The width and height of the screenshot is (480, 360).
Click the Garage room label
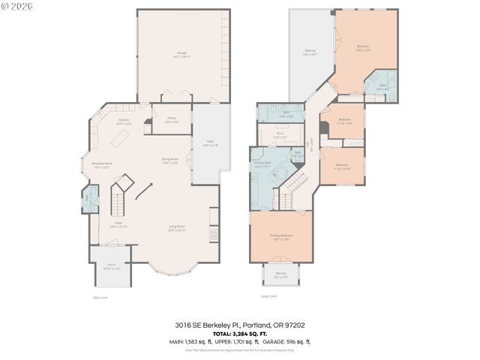point(182,55)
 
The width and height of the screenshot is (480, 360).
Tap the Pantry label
point(171,119)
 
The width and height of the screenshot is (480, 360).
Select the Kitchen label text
point(124,121)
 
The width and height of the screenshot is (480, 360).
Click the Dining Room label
point(169,160)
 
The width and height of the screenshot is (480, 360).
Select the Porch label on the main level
point(111,266)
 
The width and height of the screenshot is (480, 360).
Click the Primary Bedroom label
point(281,237)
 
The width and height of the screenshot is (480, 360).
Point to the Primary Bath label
point(262,165)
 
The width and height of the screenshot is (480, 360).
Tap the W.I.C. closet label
point(279,136)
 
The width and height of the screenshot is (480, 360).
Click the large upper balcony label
point(310,52)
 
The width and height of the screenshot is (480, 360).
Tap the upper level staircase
point(299,180)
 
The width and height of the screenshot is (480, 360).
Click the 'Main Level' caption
point(100,297)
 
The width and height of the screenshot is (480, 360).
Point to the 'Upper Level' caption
point(269,297)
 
